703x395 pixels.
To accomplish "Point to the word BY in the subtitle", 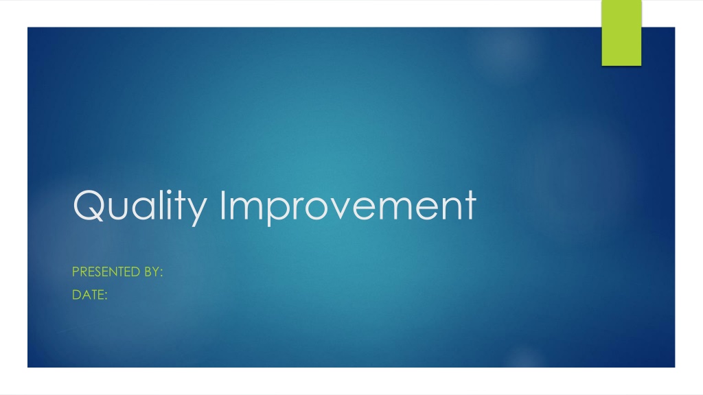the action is pyautogui.click(x=152, y=272).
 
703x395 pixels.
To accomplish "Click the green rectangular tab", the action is pyautogui.click(x=621, y=33).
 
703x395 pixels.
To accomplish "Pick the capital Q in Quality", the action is pyautogui.click(x=89, y=205).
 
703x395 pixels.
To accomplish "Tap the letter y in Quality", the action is pyautogui.click(x=197, y=211).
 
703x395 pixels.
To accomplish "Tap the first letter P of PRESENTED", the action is pyautogui.click(x=76, y=272).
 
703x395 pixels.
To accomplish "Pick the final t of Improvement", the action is pyautogui.click(x=470, y=206).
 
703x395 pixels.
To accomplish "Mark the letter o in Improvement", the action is pyautogui.click(x=316, y=208).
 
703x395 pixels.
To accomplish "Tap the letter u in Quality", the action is pyautogui.click(x=117, y=208).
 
